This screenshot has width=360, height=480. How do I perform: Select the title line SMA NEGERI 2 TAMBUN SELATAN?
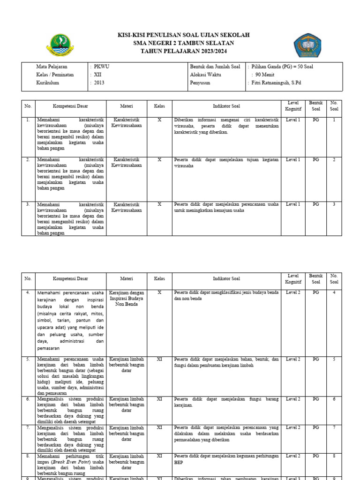pos(183,43)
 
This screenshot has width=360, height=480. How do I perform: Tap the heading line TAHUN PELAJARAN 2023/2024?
pos(183,51)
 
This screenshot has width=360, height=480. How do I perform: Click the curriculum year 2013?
pos(99,83)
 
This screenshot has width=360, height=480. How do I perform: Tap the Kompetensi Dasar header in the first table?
pos(70,106)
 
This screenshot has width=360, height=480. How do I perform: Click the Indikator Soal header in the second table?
pos(226,279)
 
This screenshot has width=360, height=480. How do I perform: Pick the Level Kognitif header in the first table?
pos(293,106)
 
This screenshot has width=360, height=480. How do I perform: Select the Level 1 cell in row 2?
pos(293,160)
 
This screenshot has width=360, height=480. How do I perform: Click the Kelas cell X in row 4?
pos(159,292)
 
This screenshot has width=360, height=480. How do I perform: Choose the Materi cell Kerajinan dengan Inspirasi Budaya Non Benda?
pos(127,298)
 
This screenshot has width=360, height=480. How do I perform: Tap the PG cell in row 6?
pos(316,399)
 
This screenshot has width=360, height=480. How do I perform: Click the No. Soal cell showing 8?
pos(334,456)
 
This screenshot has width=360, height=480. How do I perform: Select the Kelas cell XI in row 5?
pos(159,360)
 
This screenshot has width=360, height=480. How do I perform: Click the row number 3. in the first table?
pos(28,204)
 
